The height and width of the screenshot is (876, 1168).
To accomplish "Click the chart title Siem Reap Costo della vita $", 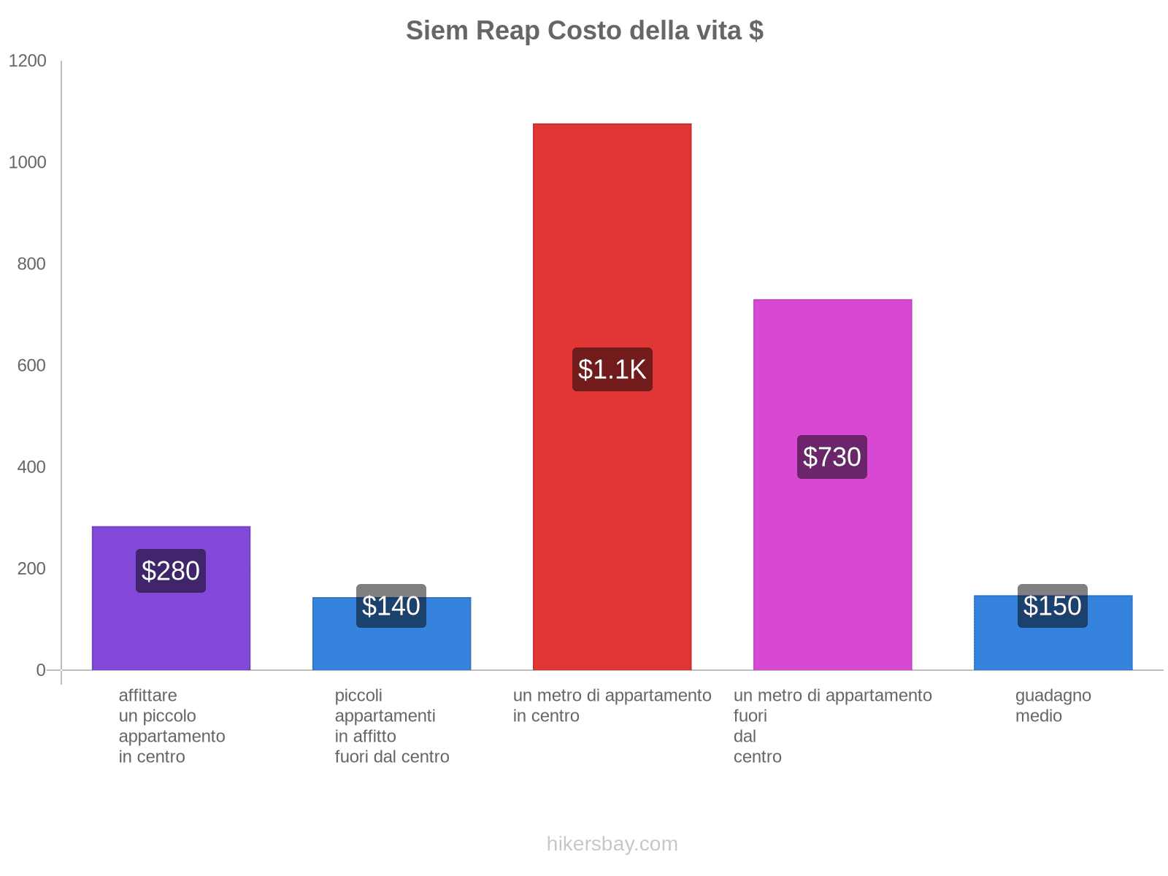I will click(585, 31).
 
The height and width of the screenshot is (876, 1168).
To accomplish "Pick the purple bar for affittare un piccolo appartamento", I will click(171, 628).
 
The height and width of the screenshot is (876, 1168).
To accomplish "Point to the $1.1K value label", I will click(612, 369).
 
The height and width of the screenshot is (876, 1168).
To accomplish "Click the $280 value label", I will click(171, 571).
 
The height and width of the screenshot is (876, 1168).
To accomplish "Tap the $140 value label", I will click(391, 606).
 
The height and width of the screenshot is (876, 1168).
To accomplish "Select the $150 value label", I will click(1053, 606).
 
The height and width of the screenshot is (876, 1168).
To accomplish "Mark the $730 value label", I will click(832, 457).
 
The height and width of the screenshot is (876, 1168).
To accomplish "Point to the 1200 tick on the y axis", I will click(28, 61).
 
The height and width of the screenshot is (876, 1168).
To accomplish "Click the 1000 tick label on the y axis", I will click(28, 163).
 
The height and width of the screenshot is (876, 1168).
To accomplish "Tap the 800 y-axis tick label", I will click(32, 264).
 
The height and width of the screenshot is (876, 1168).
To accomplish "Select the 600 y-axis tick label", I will click(32, 366).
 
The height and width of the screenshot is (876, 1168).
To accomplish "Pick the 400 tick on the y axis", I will click(32, 467).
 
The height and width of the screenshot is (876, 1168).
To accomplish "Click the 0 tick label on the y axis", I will click(41, 670).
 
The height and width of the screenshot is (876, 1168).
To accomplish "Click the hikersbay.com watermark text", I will click(612, 844).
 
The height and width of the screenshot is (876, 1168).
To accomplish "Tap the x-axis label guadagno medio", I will click(1053, 705).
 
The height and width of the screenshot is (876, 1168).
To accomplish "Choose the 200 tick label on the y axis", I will click(32, 569).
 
